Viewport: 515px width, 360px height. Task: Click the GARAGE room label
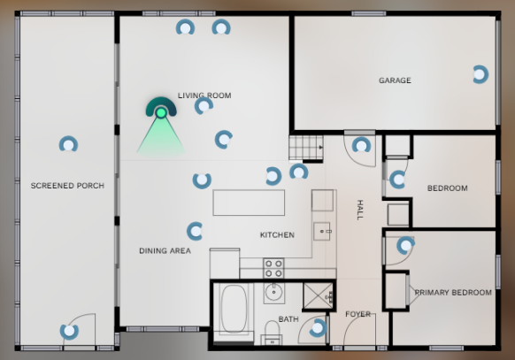pos(395,80)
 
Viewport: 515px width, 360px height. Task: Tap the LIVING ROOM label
pos(204,96)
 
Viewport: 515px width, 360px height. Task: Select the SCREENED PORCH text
pos(67,186)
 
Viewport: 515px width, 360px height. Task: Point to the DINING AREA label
pos(165,250)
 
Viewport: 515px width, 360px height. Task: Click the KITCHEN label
pos(277,235)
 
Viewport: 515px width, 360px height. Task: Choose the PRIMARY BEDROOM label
pos(453,293)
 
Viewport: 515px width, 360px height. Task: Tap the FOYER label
pos(358,314)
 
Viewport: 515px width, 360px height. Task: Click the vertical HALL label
pos(360,210)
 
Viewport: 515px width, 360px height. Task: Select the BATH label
pos(288,319)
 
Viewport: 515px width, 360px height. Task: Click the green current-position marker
pos(161,113)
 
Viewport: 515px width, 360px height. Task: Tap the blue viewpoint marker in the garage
pos(480,74)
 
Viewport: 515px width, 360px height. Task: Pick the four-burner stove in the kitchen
pos(273,268)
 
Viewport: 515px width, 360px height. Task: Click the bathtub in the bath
pos(234,310)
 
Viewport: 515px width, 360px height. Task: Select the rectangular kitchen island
pos(249,203)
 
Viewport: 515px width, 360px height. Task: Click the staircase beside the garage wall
pos(306,148)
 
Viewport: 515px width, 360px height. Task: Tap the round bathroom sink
pos(273,292)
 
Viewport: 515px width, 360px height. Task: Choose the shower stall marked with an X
pos(318,296)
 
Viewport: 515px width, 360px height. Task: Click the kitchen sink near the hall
pos(321,232)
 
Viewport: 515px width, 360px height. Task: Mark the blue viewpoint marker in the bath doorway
pos(318,328)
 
